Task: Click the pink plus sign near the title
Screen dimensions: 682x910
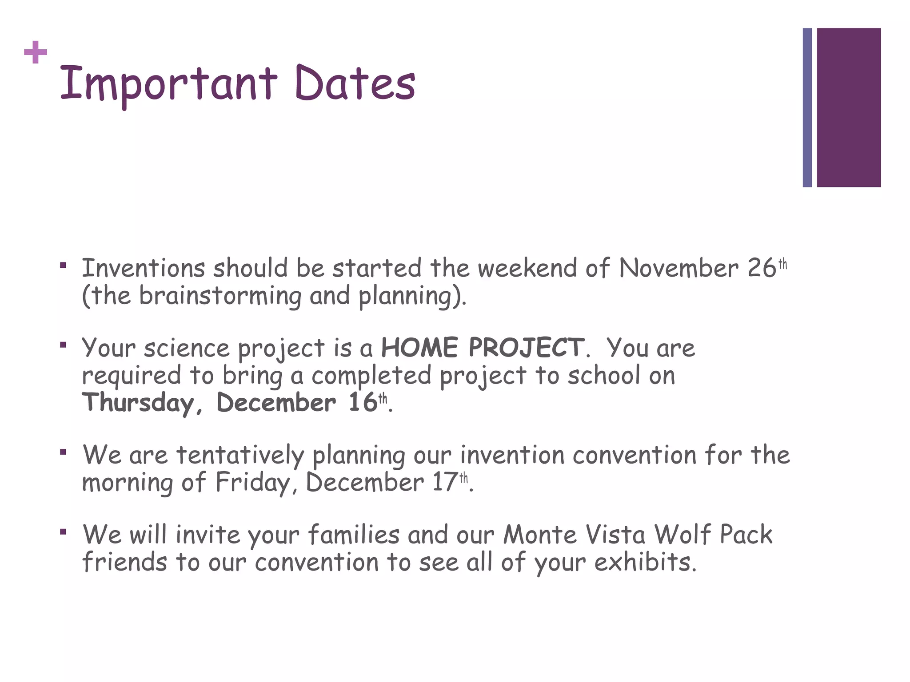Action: (36, 53)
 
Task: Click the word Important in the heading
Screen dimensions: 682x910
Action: (168, 83)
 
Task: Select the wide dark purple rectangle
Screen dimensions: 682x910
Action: (849, 107)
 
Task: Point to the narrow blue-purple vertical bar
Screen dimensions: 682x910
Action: (807, 107)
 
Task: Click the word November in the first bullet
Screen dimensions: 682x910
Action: (679, 269)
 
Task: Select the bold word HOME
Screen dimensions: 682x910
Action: (419, 348)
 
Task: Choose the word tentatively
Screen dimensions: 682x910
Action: (240, 456)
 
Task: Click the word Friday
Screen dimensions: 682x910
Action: (253, 483)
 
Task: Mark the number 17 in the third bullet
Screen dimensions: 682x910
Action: (445, 483)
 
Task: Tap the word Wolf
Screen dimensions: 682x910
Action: (682, 535)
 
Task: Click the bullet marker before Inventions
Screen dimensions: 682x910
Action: (63, 266)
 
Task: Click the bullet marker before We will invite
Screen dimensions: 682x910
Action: (63, 531)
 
